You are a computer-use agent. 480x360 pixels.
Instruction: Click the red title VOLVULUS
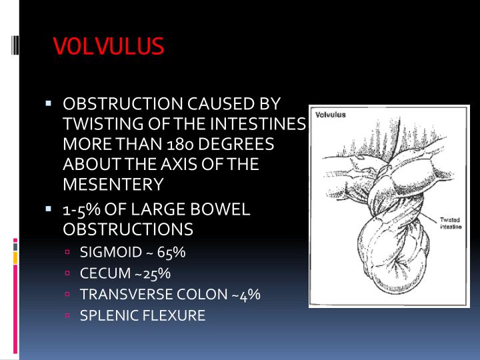point(108,46)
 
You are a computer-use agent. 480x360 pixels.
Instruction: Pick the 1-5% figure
point(81,210)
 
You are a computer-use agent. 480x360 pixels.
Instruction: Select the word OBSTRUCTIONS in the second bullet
point(127,229)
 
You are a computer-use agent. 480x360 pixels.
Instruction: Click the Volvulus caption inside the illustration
point(331,115)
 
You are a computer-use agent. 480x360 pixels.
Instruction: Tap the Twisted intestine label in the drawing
point(451,223)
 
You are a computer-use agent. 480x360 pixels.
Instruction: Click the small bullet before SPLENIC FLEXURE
point(68,315)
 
